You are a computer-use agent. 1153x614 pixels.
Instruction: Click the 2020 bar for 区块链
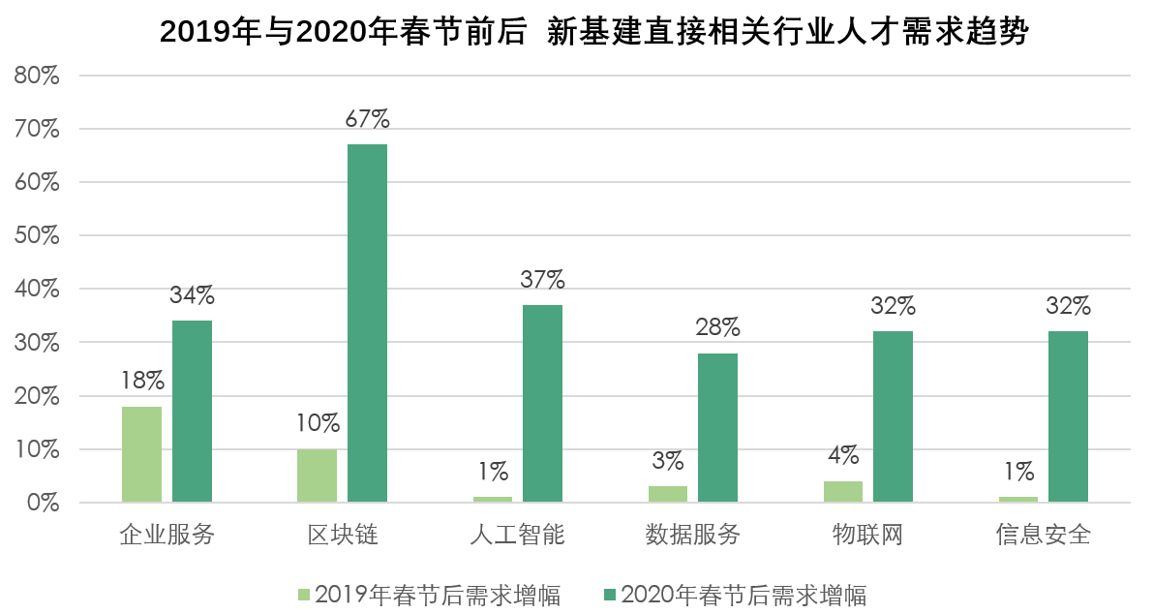tap(367, 322)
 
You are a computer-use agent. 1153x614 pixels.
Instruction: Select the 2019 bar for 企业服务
tap(141, 454)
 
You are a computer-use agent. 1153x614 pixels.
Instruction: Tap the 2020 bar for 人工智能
tap(542, 403)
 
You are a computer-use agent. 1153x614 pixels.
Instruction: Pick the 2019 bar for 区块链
tap(317, 476)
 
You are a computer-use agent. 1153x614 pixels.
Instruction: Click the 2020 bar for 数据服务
tap(717, 427)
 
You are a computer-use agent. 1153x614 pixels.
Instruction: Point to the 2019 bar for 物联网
tap(842, 492)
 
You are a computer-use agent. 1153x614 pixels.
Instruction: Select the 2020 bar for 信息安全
tap(1068, 416)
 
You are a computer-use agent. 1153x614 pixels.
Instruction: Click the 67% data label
tap(367, 120)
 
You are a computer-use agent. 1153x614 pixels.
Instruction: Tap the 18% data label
tap(141, 382)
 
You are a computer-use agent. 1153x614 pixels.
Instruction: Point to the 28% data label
tap(717, 328)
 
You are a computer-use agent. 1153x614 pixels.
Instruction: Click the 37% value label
tap(542, 281)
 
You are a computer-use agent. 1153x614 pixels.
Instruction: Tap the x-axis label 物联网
tap(867, 534)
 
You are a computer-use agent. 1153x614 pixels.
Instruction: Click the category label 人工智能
tap(517, 534)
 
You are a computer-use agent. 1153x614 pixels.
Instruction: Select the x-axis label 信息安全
tap(1043, 534)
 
